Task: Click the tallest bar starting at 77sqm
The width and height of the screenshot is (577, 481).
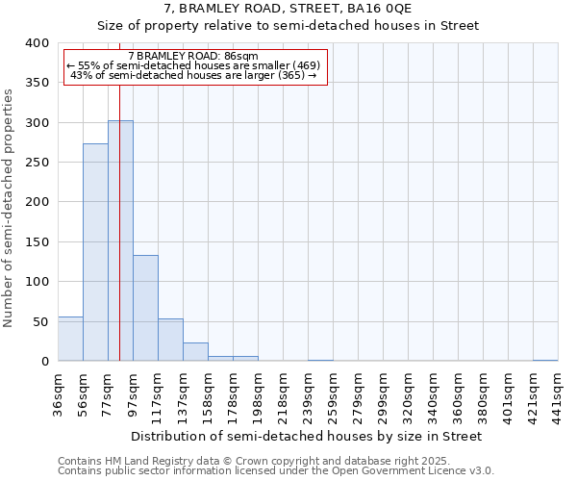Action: pos(120,240)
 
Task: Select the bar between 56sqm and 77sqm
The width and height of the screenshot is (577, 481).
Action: pos(95,252)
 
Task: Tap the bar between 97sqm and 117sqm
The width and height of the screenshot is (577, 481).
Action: pos(145,308)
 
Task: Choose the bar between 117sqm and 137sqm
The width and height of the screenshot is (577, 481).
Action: pos(170,340)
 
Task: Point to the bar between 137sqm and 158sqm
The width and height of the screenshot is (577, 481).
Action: pos(195,352)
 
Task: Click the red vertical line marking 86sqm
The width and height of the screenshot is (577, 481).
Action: pos(119,192)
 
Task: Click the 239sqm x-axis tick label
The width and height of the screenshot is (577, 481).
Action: pos(308,392)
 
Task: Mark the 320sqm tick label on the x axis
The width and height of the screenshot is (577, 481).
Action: pos(408,392)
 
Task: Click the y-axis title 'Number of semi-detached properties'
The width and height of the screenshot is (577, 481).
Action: pos(10,207)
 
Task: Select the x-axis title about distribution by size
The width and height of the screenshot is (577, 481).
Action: pos(306,436)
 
